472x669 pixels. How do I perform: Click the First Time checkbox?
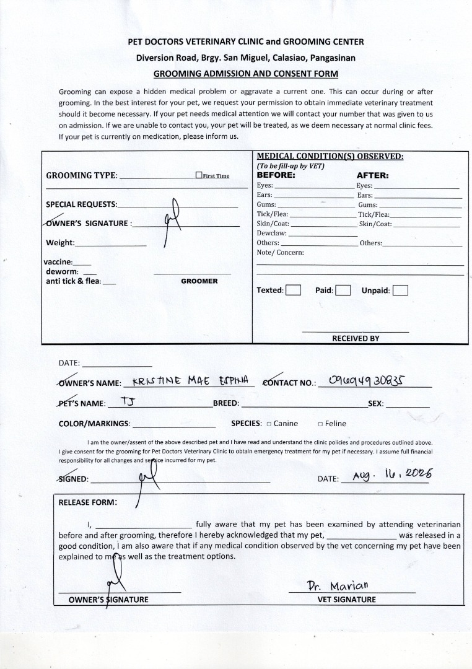click(x=199, y=175)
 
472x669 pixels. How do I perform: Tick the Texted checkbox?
click(x=294, y=290)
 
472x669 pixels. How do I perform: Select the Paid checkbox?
click(x=343, y=290)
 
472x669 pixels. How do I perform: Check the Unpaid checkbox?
click(x=400, y=290)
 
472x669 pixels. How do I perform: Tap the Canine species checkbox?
click(x=269, y=424)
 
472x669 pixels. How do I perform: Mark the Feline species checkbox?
click(x=320, y=424)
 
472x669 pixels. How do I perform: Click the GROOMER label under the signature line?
click(x=199, y=281)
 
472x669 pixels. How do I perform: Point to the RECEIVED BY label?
click(x=356, y=338)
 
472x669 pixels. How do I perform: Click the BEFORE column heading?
click(x=276, y=175)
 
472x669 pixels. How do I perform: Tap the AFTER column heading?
click(x=372, y=175)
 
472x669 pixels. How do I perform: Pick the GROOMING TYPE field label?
click(x=81, y=175)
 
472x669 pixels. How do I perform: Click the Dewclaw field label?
click(x=272, y=233)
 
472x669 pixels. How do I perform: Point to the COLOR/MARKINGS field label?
click(x=94, y=424)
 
